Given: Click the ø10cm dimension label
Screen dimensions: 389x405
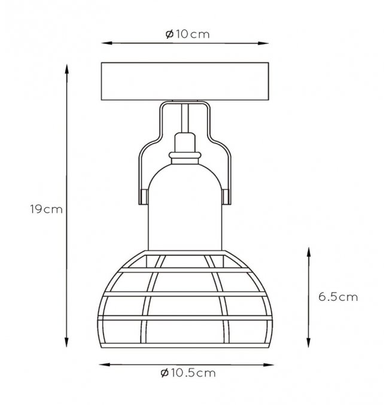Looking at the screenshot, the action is click(187, 34).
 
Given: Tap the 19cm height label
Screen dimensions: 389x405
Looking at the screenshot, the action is click(47, 209).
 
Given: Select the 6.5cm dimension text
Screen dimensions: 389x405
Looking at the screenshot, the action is click(338, 297).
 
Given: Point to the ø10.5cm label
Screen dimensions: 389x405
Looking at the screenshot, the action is click(188, 373).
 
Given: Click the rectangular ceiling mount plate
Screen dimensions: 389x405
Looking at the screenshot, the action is click(185, 81).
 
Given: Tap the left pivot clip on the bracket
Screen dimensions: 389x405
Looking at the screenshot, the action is click(144, 197).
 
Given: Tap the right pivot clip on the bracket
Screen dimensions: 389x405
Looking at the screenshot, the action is click(226, 197).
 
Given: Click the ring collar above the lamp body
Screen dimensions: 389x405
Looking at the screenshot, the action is click(185, 155).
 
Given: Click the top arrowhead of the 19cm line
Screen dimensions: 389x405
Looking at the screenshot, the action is click(66, 70).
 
